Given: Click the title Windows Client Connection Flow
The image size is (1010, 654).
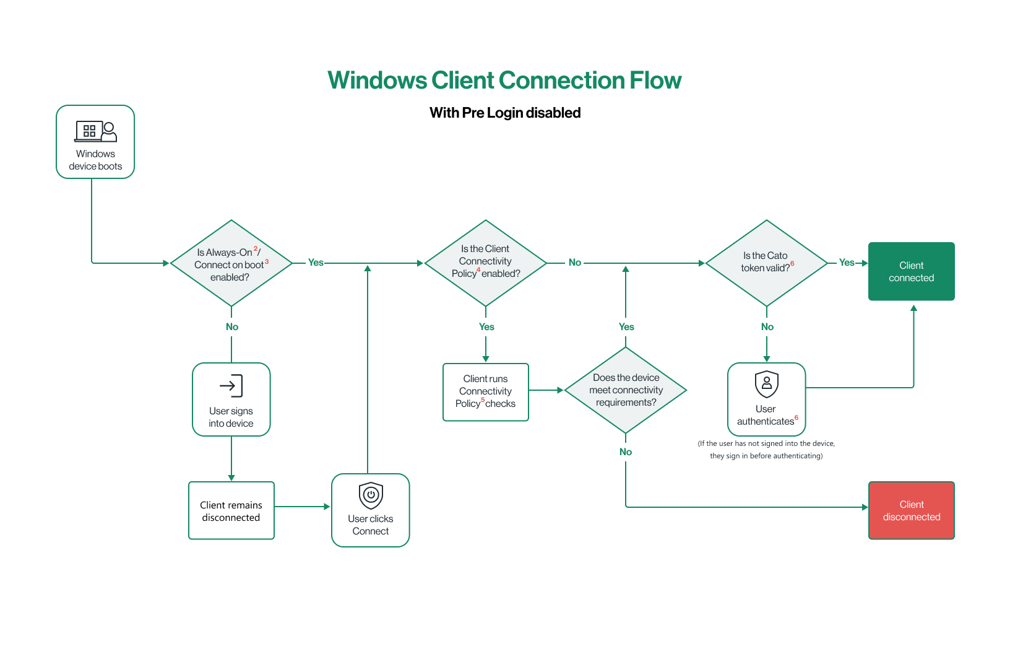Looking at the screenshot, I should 504,81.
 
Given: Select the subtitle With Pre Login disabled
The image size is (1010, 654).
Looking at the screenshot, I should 505,113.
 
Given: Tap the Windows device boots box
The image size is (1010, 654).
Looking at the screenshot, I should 95,142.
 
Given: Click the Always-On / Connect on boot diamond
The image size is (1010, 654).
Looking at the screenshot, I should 231,264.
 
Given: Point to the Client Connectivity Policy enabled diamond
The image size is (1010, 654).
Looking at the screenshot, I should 486,263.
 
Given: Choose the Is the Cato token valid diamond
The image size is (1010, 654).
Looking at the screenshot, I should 766,263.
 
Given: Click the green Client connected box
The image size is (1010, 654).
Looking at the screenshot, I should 911,271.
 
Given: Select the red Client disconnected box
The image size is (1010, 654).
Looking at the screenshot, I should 911,510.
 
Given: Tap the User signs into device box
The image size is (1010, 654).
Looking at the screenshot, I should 231,399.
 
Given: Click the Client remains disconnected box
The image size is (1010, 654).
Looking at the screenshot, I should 231,511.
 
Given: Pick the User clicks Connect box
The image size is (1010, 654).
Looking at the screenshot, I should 370,511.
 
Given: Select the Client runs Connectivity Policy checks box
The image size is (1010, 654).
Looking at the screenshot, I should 486,391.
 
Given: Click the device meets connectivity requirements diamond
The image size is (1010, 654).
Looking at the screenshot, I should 626,390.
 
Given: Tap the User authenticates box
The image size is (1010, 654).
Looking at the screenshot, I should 766,399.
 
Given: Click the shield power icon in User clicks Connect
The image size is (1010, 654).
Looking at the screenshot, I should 371,495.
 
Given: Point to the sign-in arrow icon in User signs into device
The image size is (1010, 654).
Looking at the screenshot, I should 231,386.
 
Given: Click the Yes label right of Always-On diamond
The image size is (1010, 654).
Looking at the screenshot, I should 316,263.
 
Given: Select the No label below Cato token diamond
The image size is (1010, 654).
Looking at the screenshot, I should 767,326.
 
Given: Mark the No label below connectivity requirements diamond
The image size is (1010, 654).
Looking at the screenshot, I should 626,451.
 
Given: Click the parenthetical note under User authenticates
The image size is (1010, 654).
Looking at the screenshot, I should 766,450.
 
